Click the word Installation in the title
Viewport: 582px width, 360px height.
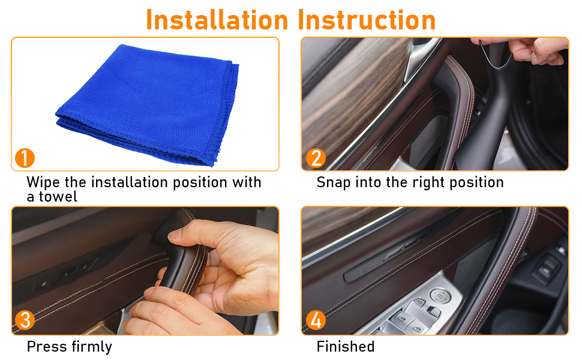tap(217, 20)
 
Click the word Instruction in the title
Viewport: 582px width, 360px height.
tap(367, 20)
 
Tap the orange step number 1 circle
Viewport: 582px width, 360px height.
tap(25, 158)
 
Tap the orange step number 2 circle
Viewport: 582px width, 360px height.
tap(316, 158)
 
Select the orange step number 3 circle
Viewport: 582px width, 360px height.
tap(25, 320)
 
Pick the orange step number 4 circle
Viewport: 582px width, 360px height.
tap(316, 320)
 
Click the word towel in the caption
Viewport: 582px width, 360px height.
tap(58, 197)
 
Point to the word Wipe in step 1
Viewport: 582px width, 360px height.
tap(43, 182)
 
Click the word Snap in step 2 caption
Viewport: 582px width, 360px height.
tap(334, 183)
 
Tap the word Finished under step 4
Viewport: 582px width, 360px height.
tap(346, 347)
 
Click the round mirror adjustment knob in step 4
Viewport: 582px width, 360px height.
tap(440, 295)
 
